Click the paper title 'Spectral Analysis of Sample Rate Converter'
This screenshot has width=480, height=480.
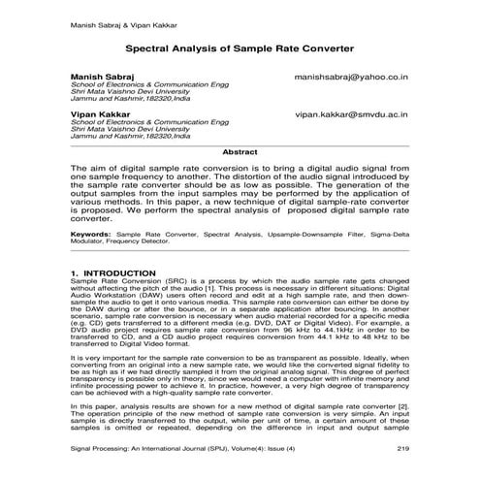point(240,45)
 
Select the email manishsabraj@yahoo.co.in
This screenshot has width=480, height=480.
point(348,74)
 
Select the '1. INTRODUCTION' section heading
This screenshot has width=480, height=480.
point(113,274)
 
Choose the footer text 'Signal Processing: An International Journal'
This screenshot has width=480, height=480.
point(158,450)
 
